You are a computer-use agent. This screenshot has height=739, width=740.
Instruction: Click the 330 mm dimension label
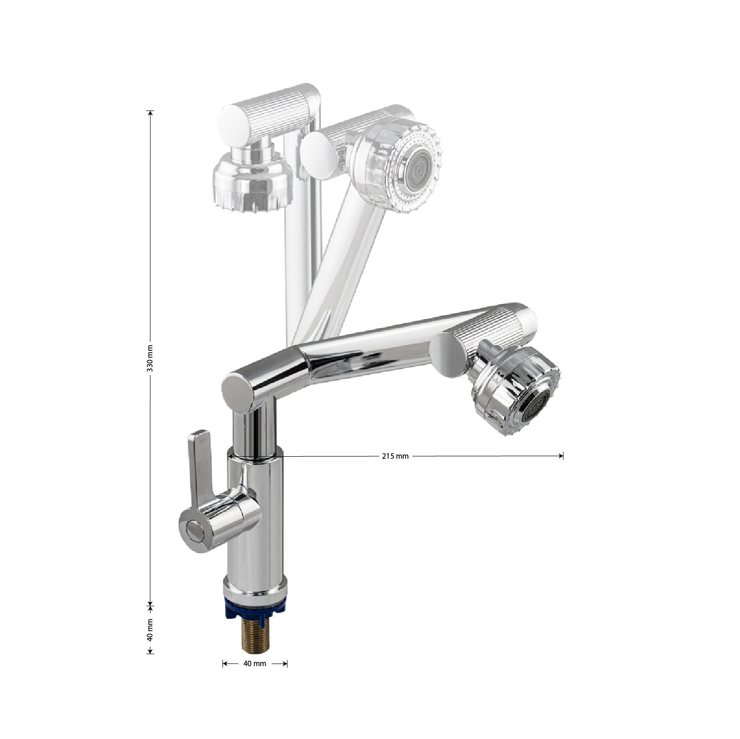click(x=151, y=358)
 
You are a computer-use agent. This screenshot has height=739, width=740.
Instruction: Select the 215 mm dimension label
click(x=395, y=456)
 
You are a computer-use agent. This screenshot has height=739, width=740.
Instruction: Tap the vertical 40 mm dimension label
click(x=151, y=630)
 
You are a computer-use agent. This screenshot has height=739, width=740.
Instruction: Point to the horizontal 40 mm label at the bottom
click(x=255, y=664)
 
